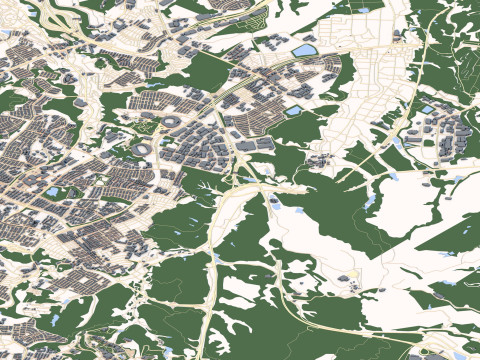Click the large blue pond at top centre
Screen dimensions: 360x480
pyautogui.click(x=303, y=50)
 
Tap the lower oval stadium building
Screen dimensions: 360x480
pyautogui.click(x=143, y=148)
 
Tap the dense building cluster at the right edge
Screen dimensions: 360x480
pyautogui.click(x=450, y=135)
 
